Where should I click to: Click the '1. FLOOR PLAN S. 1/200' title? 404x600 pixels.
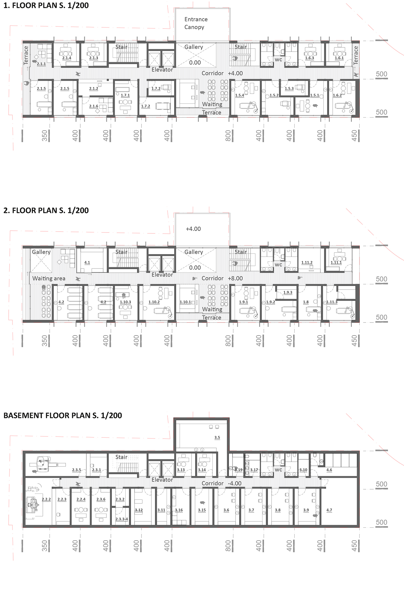click(46, 5)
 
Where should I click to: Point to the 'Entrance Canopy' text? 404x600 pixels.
click(196, 23)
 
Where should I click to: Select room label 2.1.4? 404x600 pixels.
click(67, 58)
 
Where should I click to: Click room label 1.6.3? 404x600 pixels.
click(310, 58)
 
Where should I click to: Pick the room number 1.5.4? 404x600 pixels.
click(239, 95)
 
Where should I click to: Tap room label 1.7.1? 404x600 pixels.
click(125, 95)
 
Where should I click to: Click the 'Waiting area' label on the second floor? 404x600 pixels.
click(49, 278)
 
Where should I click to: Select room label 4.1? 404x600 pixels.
click(87, 262)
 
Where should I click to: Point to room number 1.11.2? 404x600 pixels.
click(307, 262)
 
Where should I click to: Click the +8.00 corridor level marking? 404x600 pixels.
click(235, 278)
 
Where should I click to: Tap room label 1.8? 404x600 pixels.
click(306, 302)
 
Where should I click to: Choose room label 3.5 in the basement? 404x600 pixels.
click(217, 437)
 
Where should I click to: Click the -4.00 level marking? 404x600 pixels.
click(235, 483)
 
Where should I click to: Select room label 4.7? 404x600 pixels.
click(329, 510)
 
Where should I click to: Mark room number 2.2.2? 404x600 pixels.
click(46, 499)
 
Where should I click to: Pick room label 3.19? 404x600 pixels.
click(239, 470)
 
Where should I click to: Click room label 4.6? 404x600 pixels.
click(329, 470)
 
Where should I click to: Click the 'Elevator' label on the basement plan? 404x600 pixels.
click(162, 480)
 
